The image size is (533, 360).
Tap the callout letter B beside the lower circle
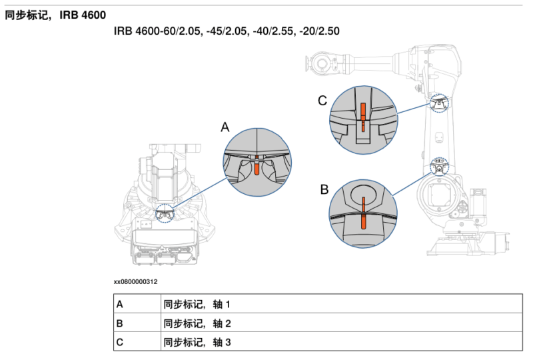coord(324,189)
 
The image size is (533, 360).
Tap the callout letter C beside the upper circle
coord(322,101)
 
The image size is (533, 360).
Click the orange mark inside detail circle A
coord(257,166)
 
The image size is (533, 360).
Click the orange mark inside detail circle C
coord(363,115)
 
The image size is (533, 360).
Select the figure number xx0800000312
coord(136,282)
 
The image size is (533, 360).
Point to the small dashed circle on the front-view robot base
coord(164,215)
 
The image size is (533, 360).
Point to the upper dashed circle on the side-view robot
coord(439,103)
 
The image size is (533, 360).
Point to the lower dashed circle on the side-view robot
coord(438,163)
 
